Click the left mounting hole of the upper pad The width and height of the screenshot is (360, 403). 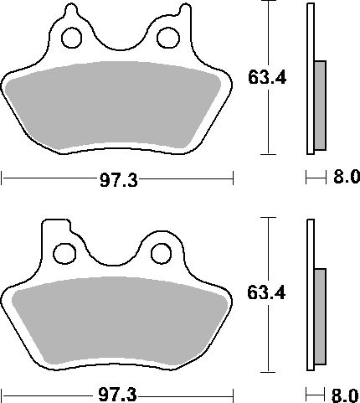[71, 38]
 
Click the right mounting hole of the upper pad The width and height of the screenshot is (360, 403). [168, 38]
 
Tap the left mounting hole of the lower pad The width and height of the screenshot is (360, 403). [64, 254]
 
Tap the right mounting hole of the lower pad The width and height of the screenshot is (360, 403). [161, 254]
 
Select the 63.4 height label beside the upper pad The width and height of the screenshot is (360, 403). [267, 77]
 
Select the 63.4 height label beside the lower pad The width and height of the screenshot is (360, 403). [266, 293]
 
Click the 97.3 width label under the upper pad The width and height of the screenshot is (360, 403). [119, 180]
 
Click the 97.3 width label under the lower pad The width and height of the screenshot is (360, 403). [117, 395]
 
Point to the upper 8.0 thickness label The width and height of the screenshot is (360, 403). [346, 177]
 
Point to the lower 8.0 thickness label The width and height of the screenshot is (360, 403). [345, 395]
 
